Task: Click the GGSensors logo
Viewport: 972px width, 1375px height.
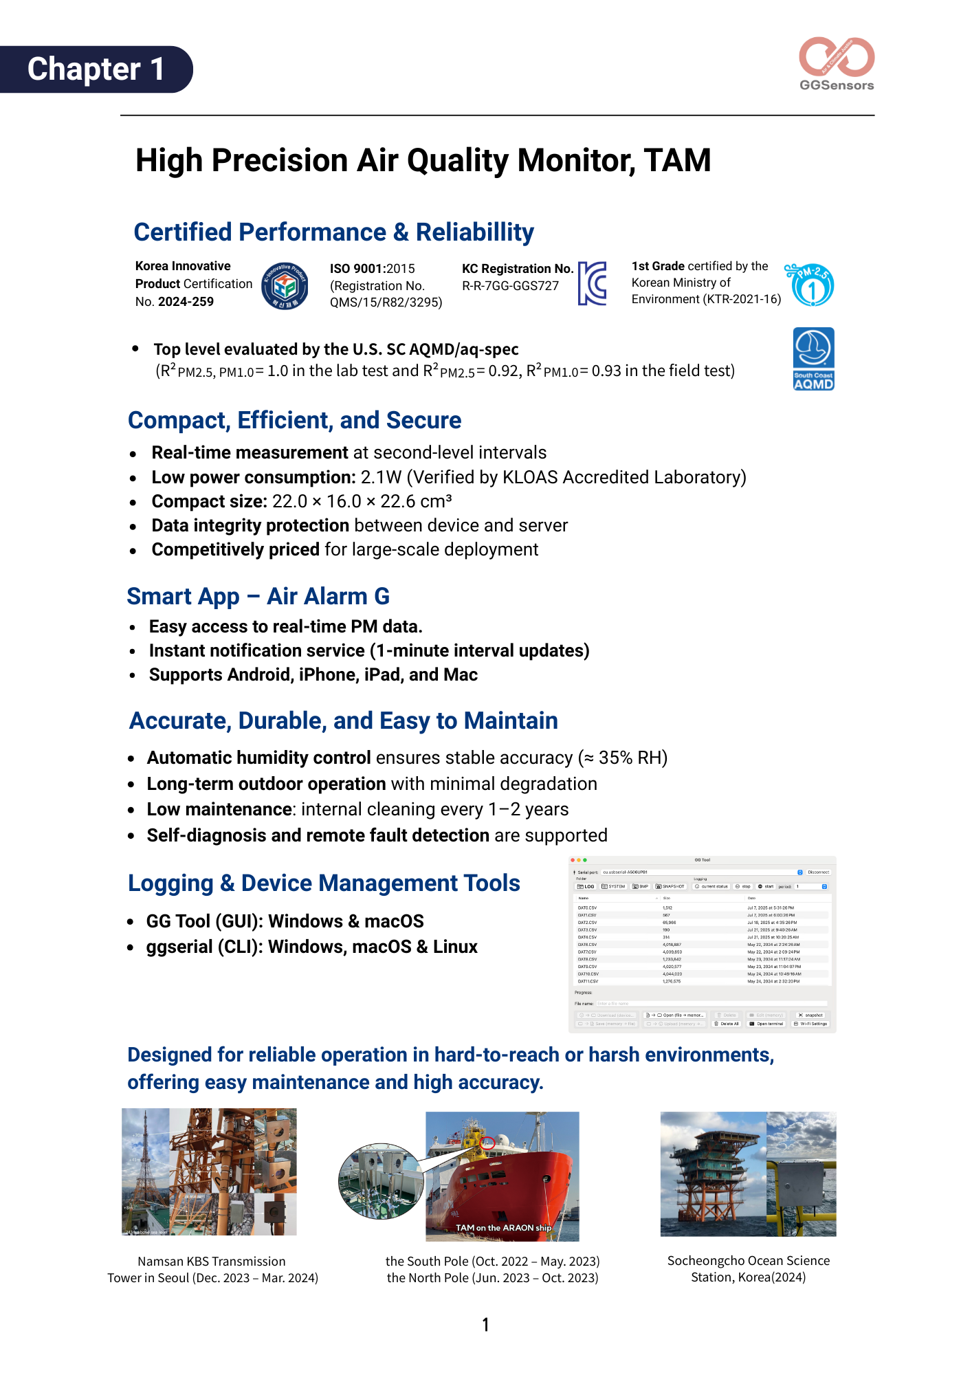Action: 837,63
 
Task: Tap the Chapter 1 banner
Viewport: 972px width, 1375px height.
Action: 96,69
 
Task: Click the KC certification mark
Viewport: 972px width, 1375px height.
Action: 592,283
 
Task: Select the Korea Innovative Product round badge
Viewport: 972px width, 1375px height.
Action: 285,286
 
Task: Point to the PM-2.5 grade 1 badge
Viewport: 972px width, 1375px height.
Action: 811,285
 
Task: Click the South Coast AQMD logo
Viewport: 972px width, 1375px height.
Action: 814,359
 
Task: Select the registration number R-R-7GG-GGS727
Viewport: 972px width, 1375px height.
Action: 510,286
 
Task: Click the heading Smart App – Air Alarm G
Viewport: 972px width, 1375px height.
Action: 258,597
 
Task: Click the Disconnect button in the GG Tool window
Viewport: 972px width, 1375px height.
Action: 818,872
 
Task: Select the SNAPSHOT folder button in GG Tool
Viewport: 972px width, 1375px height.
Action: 670,887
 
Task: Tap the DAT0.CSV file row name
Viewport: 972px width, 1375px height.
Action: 587,908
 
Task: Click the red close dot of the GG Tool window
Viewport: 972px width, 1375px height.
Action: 573,860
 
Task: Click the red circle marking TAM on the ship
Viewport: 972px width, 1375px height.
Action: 487,1143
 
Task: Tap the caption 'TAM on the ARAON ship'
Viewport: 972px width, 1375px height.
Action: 503,1228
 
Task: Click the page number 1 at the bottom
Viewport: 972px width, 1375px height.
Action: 485,1325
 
